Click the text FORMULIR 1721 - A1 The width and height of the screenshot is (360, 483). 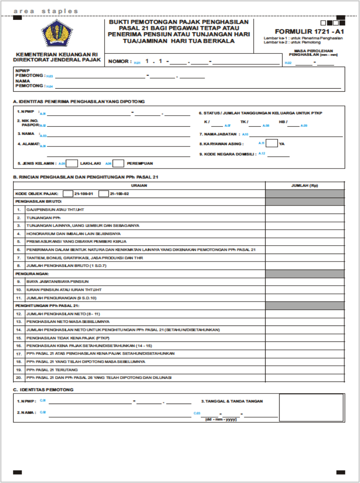[309, 32]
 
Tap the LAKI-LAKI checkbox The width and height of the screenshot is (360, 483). [72, 163]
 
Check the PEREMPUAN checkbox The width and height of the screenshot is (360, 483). [118, 163]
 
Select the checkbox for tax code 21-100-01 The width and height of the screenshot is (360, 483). [68, 194]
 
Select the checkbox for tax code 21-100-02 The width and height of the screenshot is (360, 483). [104, 194]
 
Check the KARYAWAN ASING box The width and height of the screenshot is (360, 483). [272, 143]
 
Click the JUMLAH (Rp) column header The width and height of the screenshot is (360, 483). [304, 185]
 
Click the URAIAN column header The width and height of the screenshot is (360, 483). [139, 185]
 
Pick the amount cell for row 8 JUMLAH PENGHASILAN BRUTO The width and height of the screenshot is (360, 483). [304, 266]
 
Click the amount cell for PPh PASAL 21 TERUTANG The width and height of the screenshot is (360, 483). [304, 370]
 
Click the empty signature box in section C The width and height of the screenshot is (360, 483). [311, 408]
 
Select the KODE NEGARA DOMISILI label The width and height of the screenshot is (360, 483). [227, 154]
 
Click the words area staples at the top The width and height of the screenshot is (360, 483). [46, 11]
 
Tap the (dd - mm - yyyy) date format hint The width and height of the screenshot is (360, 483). [221, 419]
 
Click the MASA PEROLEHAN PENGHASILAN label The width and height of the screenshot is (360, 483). [313, 52]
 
